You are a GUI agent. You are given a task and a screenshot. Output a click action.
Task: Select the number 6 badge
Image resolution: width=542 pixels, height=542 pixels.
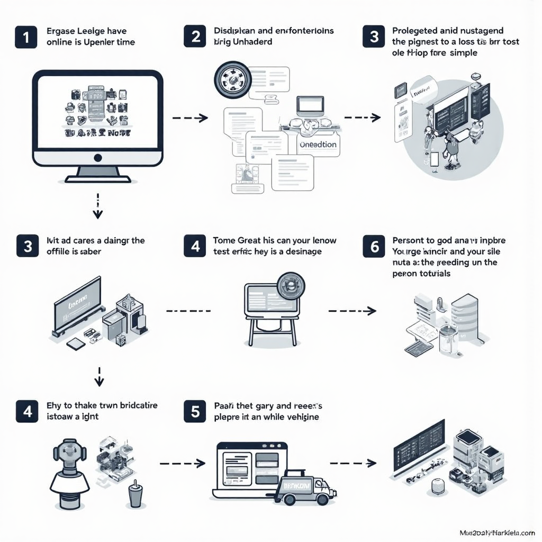click(374, 246)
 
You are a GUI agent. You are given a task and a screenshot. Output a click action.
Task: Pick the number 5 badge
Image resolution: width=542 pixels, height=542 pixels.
click(195, 411)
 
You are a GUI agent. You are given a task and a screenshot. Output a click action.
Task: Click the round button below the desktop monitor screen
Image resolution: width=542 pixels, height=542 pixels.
click(97, 157)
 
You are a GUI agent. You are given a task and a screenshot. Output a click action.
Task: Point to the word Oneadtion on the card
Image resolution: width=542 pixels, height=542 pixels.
click(317, 144)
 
